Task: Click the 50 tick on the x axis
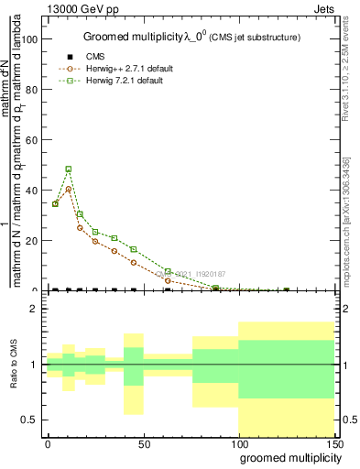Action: [x=144, y=443]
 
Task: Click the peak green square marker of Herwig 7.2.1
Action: [x=69, y=169]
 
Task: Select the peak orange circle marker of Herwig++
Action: [x=69, y=190]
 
